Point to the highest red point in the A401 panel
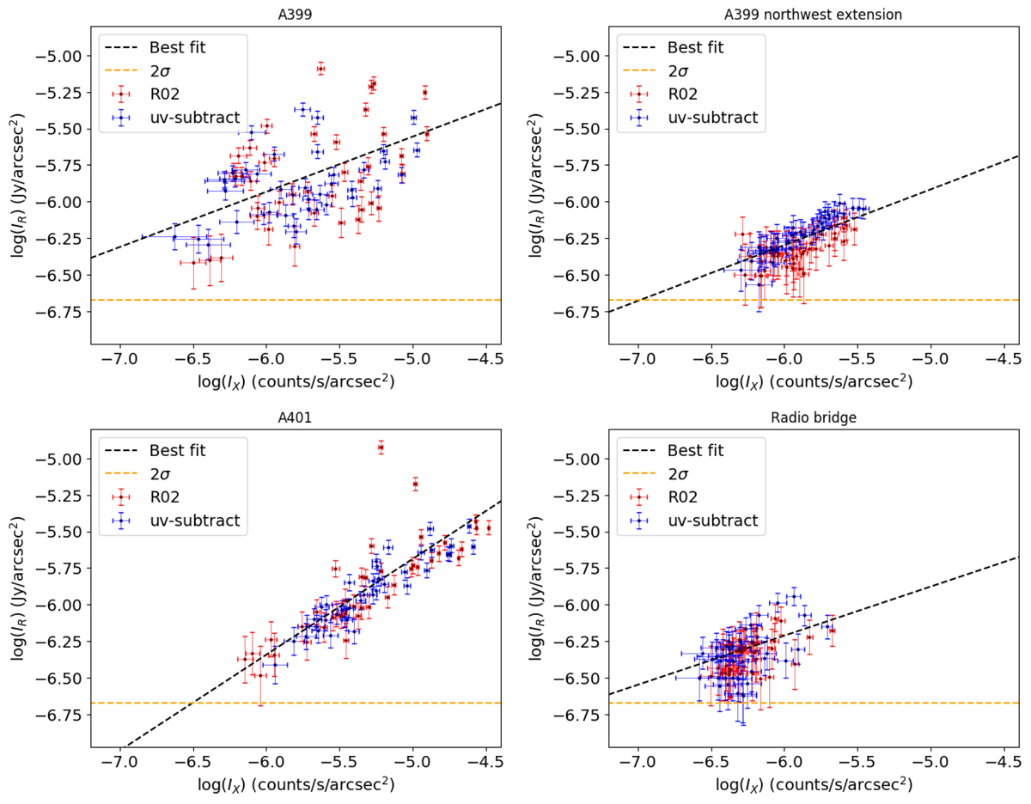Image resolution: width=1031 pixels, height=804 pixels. pos(381,447)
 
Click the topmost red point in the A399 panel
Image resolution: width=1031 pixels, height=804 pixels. pos(320,68)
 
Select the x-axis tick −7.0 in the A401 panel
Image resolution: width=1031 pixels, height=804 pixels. pos(120,762)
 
